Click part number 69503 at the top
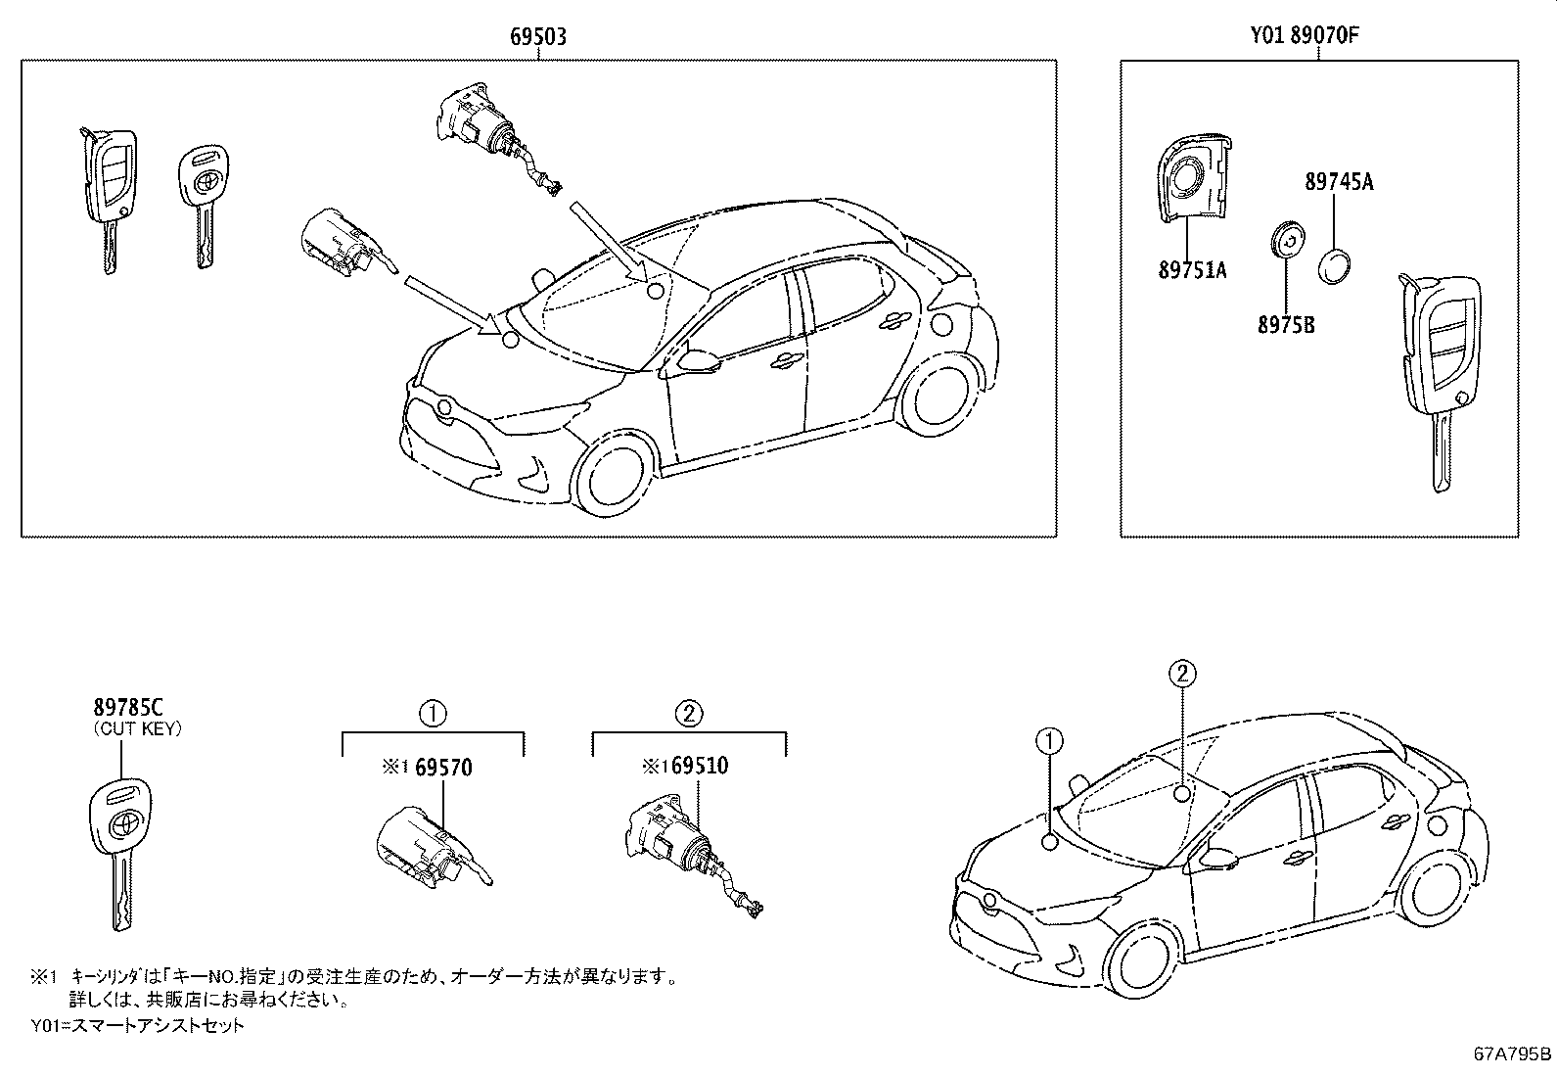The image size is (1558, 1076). (537, 37)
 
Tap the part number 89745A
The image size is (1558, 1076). (1339, 181)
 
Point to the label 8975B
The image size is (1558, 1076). (1286, 324)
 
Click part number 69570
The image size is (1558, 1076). (442, 768)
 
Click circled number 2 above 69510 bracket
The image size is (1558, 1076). (689, 713)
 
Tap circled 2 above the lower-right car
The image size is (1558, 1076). (1182, 673)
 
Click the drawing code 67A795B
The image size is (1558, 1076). (1512, 1054)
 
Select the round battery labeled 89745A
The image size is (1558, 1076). (1336, 266)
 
